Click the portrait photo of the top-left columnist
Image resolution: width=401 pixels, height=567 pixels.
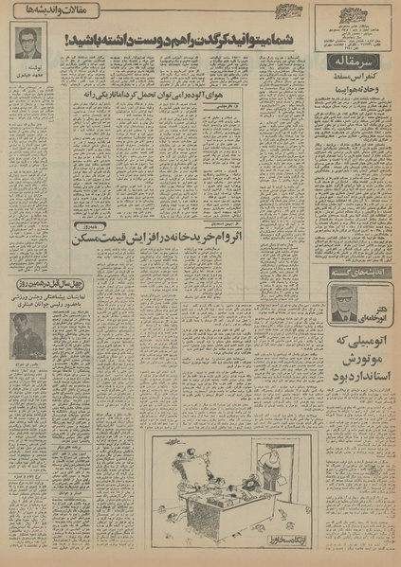pos(27,42)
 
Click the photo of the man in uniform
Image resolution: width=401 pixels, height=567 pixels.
pos(27,334)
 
